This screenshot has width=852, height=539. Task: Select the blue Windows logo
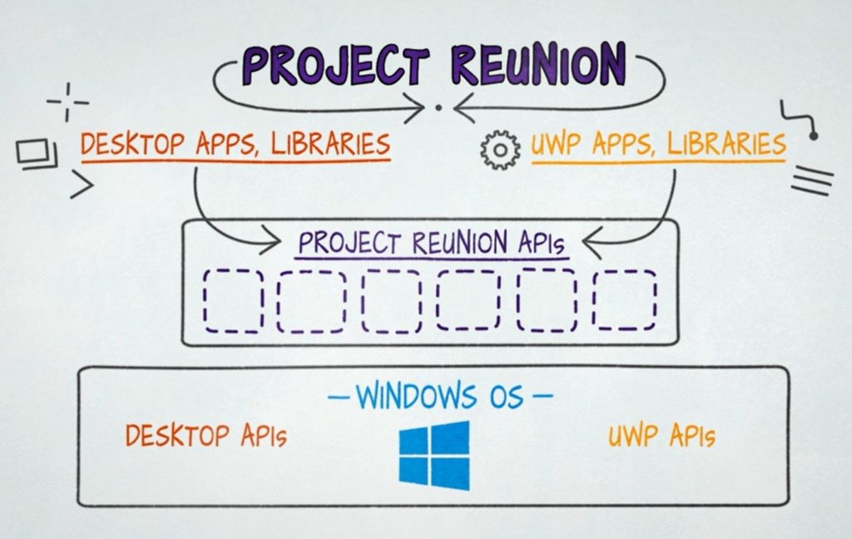pos(433,454)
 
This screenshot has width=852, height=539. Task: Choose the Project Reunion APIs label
pos(432,244)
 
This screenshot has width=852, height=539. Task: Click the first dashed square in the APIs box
pos(234,299)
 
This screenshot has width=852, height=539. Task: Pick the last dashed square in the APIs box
pos(624,299)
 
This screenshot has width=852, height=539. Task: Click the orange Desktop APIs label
pos(206,434)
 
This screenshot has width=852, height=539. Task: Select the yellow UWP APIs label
pos(661,436)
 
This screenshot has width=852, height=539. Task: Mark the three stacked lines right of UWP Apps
pos(810,180)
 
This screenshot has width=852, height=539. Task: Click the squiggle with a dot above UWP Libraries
pos(800,120)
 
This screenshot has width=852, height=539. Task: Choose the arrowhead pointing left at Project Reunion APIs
pos(592,244)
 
